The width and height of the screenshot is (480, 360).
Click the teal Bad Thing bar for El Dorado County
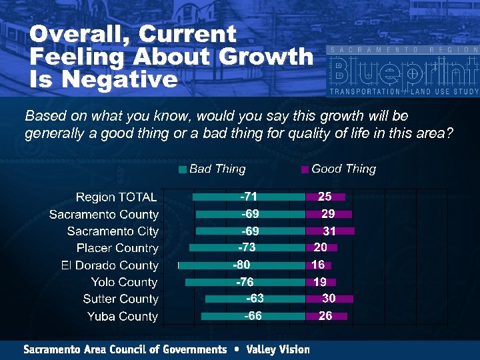[x=207, y=265]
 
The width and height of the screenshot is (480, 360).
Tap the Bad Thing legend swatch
[x=183, y=169]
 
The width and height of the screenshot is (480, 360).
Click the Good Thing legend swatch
[x=305, y=169]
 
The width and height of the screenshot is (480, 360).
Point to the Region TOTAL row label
[x=117, y=197]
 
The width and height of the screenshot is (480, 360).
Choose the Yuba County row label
[x=123, y=316]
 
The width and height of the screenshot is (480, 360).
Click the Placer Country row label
[x=117, y=248]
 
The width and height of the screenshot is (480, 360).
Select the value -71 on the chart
[x=249, y=197]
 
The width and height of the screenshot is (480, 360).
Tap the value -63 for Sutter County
[x=255, y=299]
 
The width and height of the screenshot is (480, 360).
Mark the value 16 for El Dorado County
[x=318, y=265]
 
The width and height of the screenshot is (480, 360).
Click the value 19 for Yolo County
[x=319, y=282]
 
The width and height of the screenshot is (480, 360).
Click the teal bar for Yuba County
[x=223, y=316]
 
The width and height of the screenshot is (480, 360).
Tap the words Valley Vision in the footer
[x=278, y=349]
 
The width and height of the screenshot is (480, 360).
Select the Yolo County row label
[x=125, y=282]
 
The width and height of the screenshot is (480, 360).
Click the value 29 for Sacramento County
[x=328, y=214]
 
